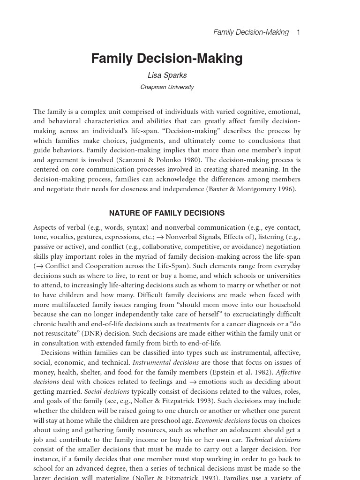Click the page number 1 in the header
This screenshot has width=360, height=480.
298,32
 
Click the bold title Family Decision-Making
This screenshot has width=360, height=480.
167,59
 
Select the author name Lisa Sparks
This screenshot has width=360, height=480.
167,75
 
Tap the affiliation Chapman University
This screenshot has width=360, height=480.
167,87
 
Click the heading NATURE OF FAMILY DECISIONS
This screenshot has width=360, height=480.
167,213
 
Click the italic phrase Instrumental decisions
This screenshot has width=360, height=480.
165,362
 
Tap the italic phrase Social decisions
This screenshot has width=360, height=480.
107,391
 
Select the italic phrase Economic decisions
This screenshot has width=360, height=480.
222,420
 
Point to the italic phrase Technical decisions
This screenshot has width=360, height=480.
273,440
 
